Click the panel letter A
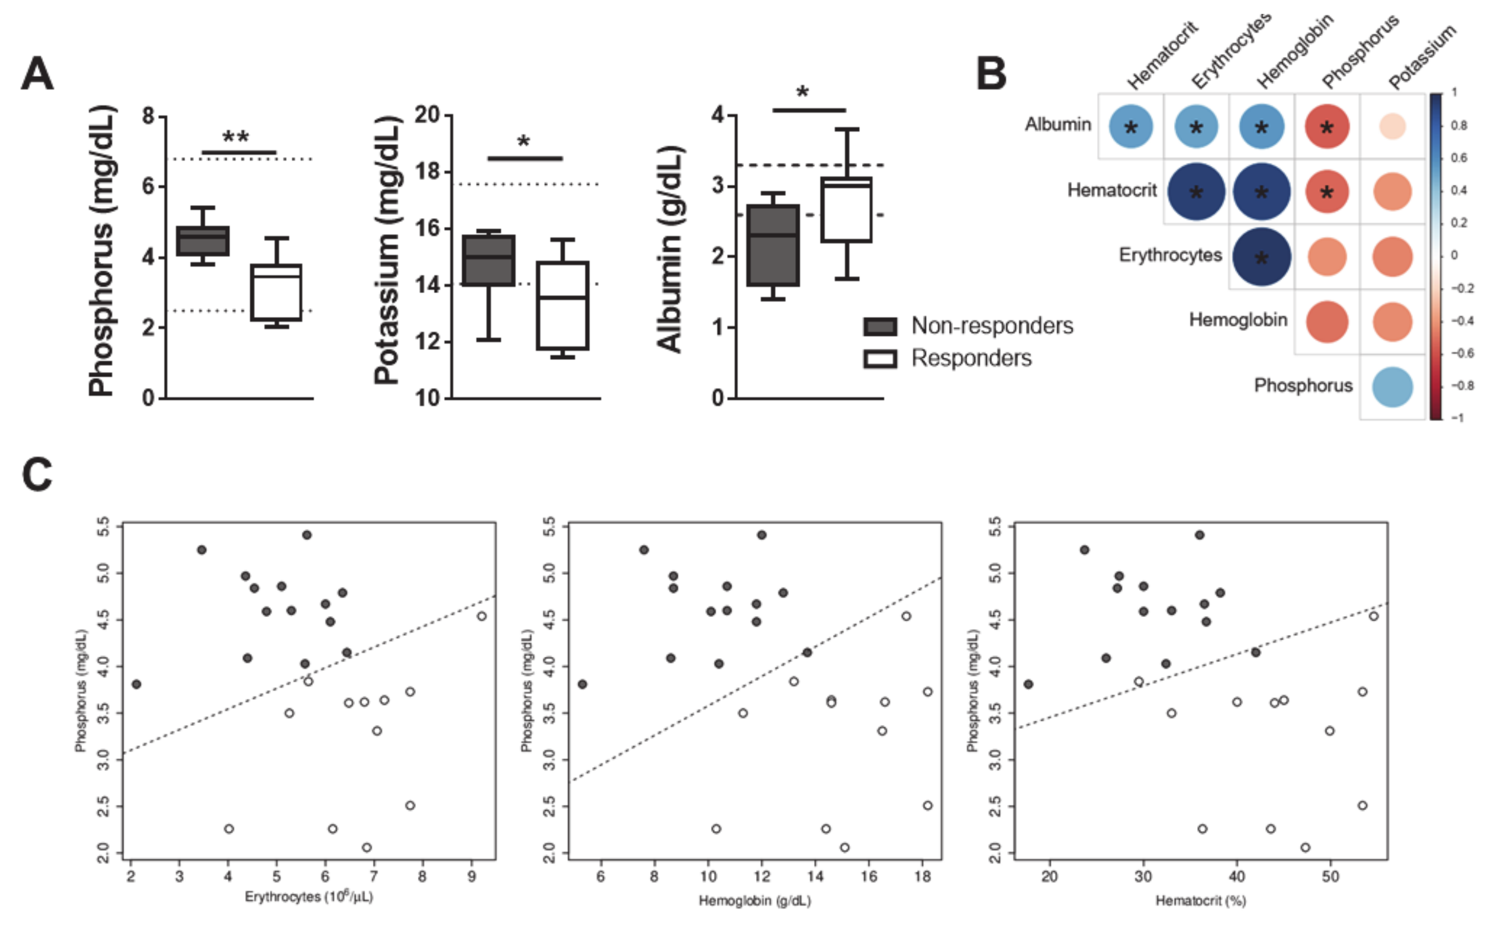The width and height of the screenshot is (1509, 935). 37,75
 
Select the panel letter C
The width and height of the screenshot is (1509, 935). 37,475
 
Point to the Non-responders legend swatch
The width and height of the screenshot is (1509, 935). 880,326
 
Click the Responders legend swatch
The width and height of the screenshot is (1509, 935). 880,359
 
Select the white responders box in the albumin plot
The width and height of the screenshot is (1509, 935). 846,210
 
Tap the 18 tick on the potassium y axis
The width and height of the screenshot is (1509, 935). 427,171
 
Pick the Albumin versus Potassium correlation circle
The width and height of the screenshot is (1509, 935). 1392,127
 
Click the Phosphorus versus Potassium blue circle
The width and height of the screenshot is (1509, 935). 1392,387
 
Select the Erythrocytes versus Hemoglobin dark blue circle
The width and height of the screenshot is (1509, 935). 1261,257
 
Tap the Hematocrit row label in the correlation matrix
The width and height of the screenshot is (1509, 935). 1111,191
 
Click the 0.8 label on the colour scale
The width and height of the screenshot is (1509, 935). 1459,125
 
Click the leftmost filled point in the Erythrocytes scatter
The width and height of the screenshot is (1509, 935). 137,684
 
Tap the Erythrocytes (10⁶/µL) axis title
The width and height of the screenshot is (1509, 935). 308,897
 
